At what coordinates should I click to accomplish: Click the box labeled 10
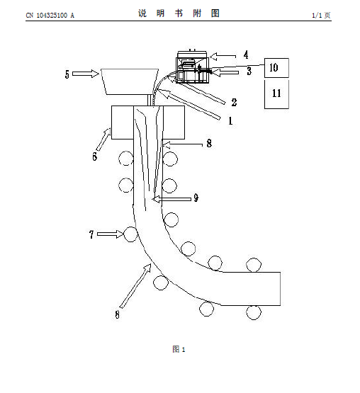[276, 68]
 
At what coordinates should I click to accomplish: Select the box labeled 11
[276, 94]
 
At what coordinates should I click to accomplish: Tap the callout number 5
[67, 74]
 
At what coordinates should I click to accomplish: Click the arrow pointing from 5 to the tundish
[86, 74]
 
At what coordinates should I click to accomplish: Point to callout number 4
[246, 55]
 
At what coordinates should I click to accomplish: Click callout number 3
[249, 71]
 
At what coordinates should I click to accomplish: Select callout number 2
[234, 102]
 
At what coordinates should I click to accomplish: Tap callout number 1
[230, 121]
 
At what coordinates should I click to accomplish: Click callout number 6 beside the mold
[94, 156]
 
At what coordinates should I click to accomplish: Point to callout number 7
[91, 234]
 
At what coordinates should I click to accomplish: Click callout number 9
[196, 198]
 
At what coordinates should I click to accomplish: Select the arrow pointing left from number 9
[171, 199]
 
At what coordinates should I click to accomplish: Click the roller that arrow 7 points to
[130, 234]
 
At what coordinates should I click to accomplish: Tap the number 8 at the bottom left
[117, 314]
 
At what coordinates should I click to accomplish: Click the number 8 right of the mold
[209, 143]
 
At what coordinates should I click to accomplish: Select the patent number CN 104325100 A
[50, 16]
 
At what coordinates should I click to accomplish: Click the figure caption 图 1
[179, 349]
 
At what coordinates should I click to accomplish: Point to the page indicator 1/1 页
[321, 16]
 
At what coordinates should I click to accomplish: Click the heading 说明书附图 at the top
[179, 13]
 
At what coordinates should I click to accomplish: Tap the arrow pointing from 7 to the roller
[110, 234]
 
